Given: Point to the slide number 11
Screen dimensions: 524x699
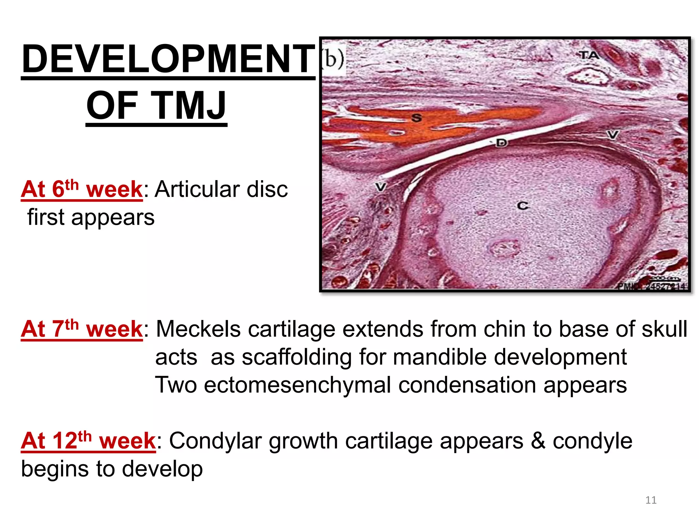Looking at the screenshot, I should click(651, 500).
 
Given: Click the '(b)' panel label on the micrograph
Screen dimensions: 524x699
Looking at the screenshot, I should click(333, 58).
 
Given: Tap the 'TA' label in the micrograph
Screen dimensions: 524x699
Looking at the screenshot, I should click(589, 55).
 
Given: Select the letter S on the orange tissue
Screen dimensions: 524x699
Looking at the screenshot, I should click(416, 118).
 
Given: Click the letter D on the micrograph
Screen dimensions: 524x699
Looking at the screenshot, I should click(501, 143).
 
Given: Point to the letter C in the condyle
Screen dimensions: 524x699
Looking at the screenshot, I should click(523, 206).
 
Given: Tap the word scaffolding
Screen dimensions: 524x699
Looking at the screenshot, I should click(297, 357).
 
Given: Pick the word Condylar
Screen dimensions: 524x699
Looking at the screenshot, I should click(215, 441).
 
